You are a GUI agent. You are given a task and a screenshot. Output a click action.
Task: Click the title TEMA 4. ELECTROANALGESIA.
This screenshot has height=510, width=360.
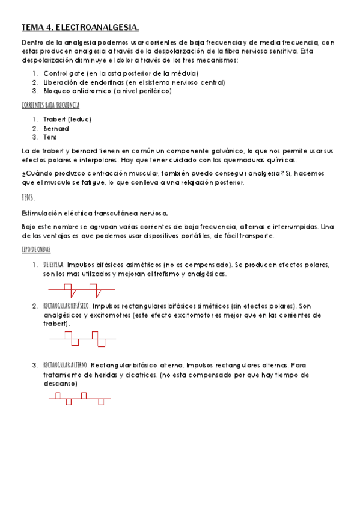click(80, 28)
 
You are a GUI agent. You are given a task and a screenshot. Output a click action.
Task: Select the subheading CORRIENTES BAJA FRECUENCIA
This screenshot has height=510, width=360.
click(50, 105)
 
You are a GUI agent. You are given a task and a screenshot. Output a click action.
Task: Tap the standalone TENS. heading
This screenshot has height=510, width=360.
click(28, 197)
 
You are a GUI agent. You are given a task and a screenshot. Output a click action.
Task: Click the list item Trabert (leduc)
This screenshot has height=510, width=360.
click(67, 119)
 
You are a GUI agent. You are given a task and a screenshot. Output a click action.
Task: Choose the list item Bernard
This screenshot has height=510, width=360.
click(56, 128)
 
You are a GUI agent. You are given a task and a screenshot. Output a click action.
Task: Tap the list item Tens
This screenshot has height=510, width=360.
click(50, 137)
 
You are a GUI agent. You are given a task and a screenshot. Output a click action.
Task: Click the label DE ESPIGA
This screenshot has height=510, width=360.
click(54, 265)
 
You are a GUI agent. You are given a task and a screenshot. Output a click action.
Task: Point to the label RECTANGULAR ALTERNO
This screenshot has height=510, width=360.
click(66, 365)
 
